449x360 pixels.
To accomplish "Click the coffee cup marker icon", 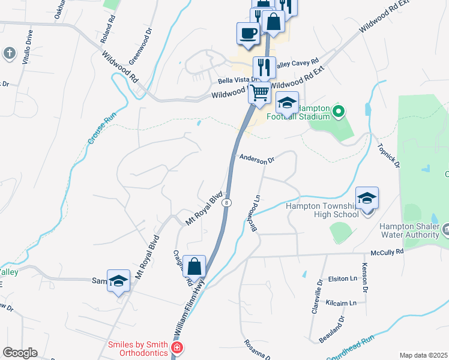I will tap(247, 34).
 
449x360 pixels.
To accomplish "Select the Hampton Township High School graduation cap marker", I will tap(367, 198).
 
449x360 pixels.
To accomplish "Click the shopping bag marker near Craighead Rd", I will tap(194, 266).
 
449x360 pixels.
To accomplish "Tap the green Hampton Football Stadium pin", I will tap(338, 111).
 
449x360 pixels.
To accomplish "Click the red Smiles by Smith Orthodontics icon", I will tap(177, 348).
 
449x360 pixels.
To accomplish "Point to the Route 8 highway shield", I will tap(226, 203).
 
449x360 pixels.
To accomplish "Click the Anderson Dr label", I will tap(256, 160).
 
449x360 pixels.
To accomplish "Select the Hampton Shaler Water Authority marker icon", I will tap(446, 230).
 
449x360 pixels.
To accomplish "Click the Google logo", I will tap(20, 353).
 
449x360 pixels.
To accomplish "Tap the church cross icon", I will tap(9, 53).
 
